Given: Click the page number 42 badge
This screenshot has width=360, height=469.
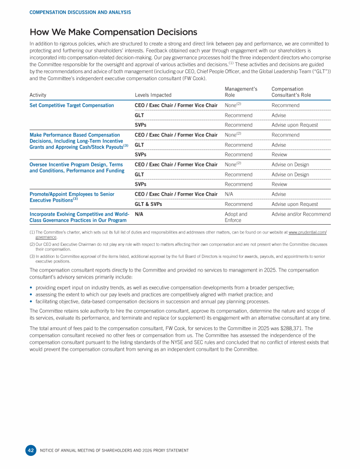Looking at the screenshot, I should tap(30, 450).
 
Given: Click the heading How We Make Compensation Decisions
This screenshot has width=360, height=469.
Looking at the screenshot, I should tap(113, 32).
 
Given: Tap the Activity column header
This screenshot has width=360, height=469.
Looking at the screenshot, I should tap(38, 95).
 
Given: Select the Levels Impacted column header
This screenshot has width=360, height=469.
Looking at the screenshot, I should tap(153, 95).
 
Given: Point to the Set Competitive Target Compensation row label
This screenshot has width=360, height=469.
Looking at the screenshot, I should tap(71, 106).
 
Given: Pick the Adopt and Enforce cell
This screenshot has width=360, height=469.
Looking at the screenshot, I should tap(236, 217).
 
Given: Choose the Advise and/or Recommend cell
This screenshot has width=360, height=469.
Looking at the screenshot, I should tap(301, 214).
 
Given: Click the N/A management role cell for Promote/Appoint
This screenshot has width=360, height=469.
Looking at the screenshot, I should tap(229, 194).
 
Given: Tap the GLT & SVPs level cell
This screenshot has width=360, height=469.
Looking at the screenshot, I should tap(148, 204).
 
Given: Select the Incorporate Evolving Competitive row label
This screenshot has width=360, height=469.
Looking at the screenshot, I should tap(79, 217).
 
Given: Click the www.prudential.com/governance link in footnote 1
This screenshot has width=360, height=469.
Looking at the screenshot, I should tap(307, 233).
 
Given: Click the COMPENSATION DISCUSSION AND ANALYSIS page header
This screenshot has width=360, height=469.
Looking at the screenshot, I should tap(80, 12).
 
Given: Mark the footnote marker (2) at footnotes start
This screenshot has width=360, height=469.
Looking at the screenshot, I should tap(31, 244).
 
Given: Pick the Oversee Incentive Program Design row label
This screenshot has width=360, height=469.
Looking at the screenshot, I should tap(76, 167).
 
